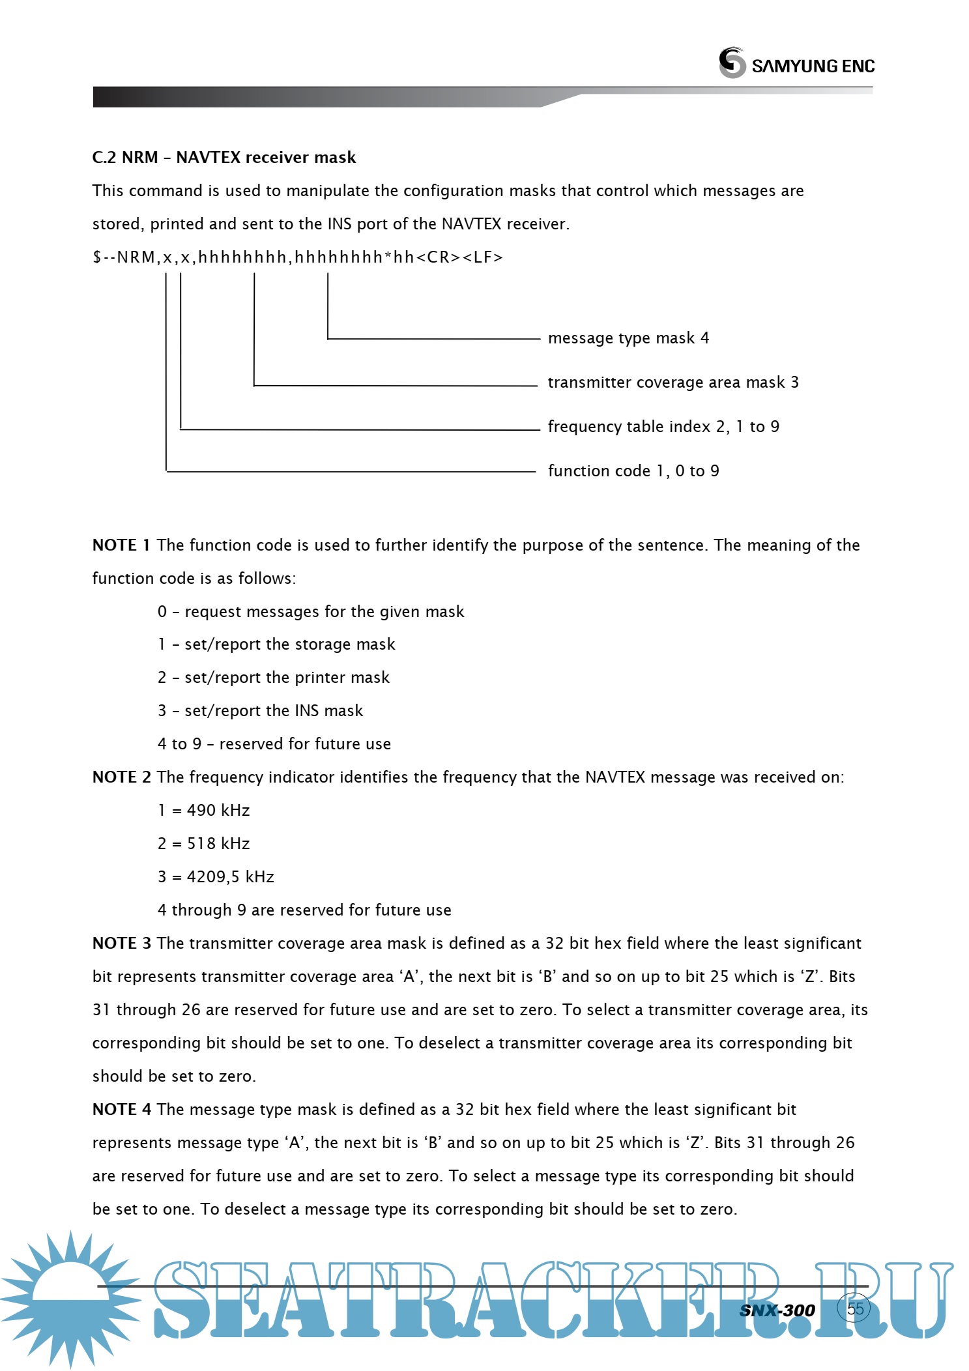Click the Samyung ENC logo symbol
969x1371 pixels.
pyautogui.click(x=732, y=63)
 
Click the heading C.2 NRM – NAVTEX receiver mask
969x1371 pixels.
pyautogui.click(x=224, y=158)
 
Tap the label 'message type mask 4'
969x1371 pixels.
pyautogui.click(x=628, y=338)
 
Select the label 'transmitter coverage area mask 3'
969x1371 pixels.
pyautogui.click(x=673, y=382)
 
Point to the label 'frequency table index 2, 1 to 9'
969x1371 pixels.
pyautogui.click(x=663, y=427)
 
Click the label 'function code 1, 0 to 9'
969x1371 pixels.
pyautogui.click(x=633, y=471)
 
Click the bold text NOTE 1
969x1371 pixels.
pyautogui.click(x=121, y=545)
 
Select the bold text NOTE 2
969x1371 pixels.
pyautogui.click(x=121, y=777)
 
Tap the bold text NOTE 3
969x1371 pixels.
pyautogui.click(x=121, y=944)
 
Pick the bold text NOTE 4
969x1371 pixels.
pyautogui.click(x=121, y=1110)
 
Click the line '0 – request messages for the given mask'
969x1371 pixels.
pyautogui.click(x=310, y=612)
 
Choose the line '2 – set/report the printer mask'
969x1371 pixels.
pyautogui.click(x=273, y=678)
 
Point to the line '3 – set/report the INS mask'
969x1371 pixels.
pyautogui.click(x=260, y=711)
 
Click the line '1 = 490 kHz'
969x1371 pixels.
pyautogui.click(x=203, y=811)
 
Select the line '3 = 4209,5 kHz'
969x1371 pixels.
pyautogui.click(x=216, y=877)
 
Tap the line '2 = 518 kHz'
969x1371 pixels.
pyautogui.click(x=203, y=844)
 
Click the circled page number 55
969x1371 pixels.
pyautogui.click(x=854, y=1308)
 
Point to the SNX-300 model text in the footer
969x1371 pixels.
pyautogui.click(x=777, y=1310)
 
